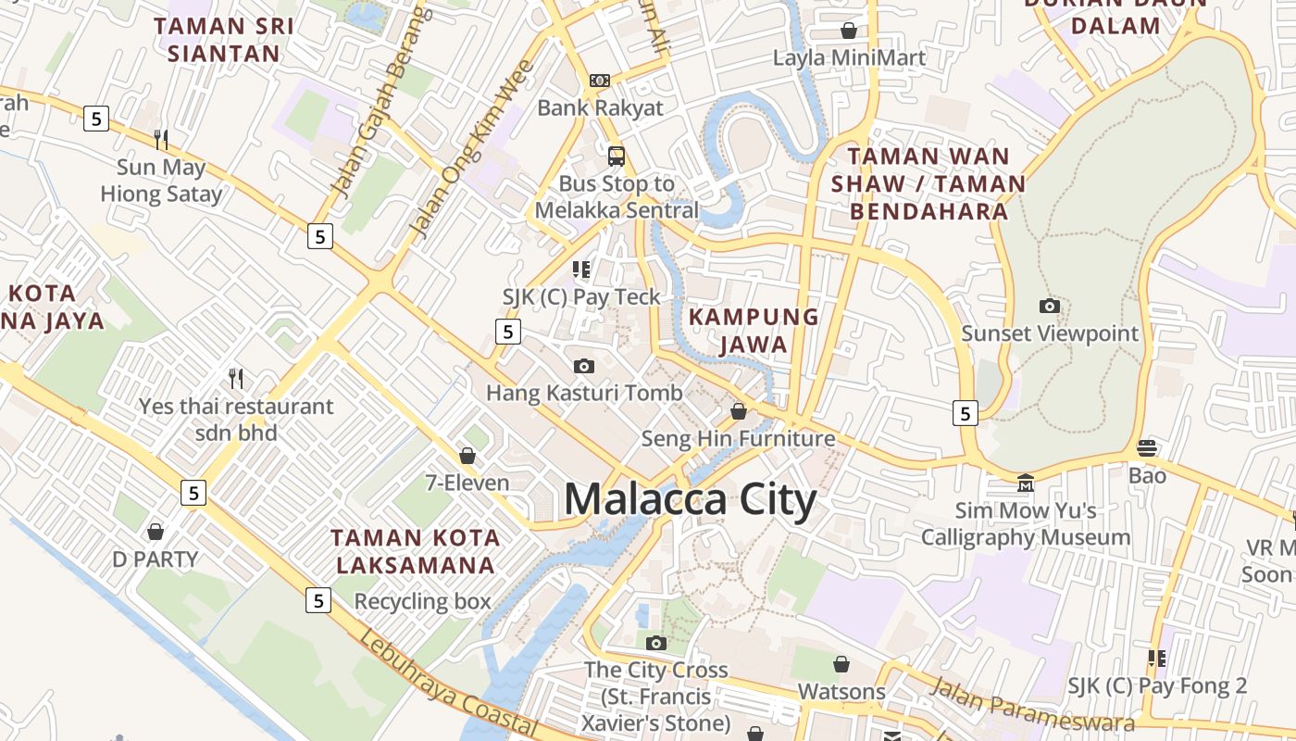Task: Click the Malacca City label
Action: pos(690,500)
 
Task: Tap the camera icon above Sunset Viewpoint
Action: pos(1050,306)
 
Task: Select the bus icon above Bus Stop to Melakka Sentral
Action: pos(617,156)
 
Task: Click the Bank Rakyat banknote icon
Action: pos(600,81)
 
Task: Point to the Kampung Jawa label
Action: pos(754,331)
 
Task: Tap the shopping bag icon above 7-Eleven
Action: pos(467,456)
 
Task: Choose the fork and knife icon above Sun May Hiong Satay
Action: pos(161,140)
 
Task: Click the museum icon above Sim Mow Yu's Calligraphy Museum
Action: pos(1025,484)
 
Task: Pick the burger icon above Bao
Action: pos(1147,448)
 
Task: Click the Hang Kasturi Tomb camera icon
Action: pos(584,366)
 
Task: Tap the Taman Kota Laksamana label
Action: pos(416,551)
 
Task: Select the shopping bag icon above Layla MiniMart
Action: pos(849,31)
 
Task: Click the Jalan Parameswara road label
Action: pos(1031,703)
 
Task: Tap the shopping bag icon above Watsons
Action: pos(841,664)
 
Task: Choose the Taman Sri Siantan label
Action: pos(224,40)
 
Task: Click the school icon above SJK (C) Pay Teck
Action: pos(581,270)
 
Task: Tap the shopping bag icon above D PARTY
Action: pos(156,532)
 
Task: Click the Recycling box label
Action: pos(422,601)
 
